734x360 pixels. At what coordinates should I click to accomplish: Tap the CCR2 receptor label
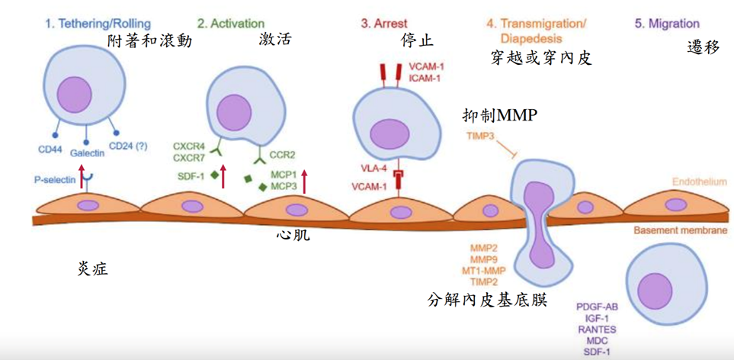click(283, 153)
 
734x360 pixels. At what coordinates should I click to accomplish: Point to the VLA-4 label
click(373, 169)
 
